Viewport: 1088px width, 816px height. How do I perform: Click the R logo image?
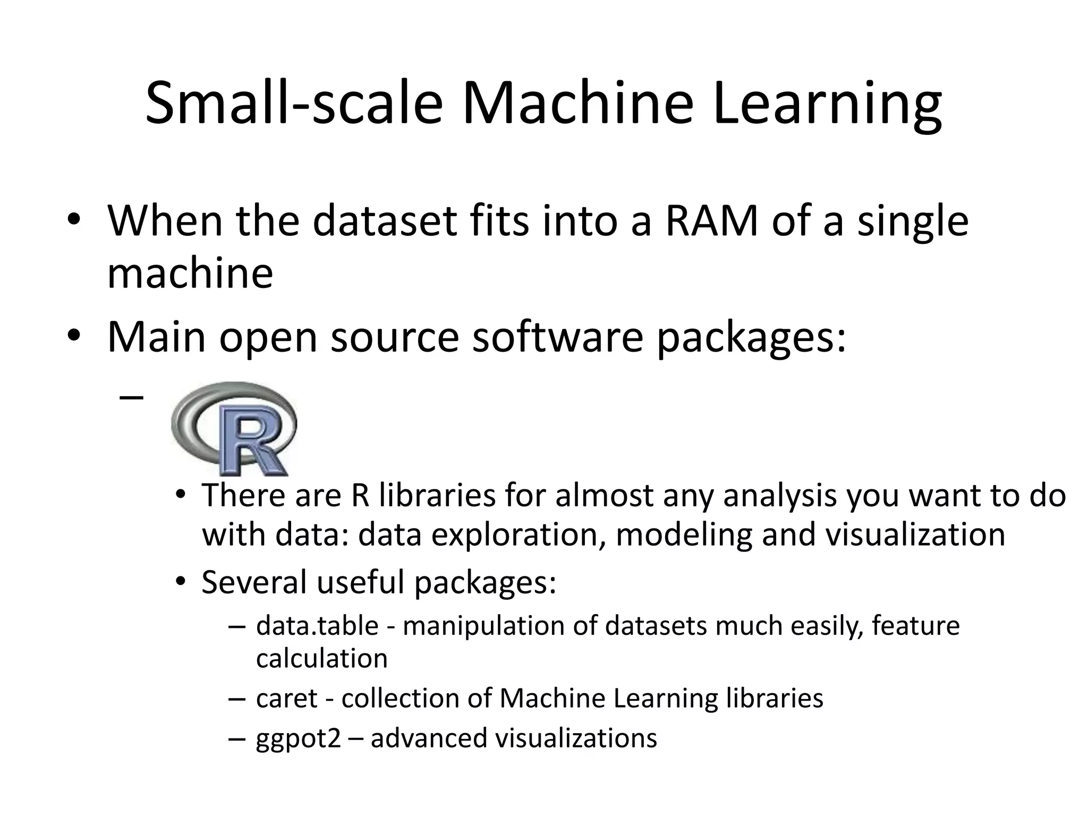point(234,428)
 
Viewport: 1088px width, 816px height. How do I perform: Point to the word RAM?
point(712,221)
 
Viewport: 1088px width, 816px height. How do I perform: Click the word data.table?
point(317,626)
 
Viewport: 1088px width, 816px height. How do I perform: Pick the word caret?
point(287,698)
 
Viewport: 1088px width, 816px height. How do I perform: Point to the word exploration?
point(518,534)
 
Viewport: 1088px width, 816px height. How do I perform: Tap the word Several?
point(254,582)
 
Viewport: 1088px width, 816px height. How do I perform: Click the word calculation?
point(321,659)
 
